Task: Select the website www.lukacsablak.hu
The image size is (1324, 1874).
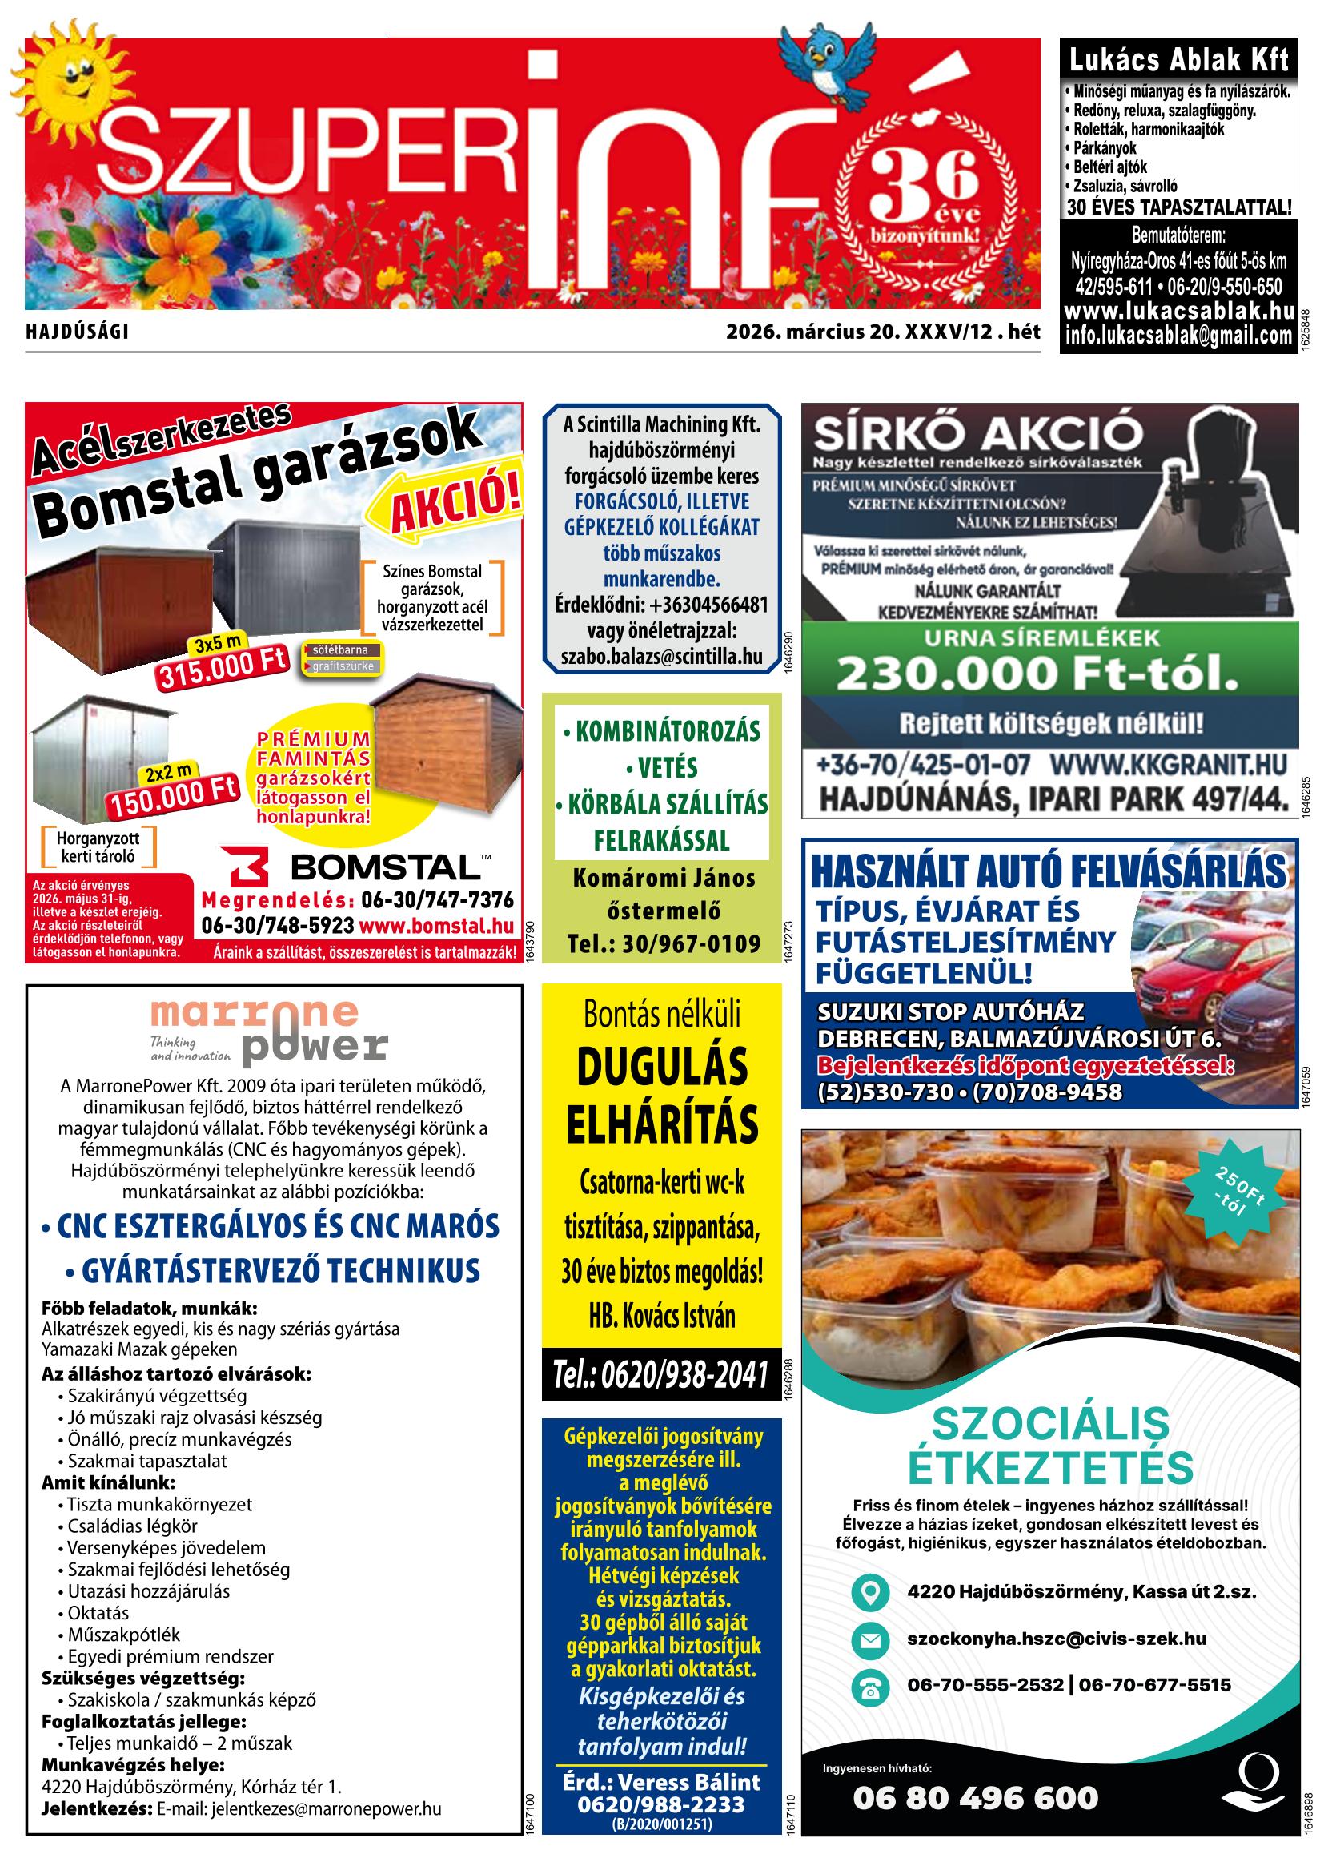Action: click(x=1179, y=311)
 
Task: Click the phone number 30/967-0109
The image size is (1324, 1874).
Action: click(x=664, y=944)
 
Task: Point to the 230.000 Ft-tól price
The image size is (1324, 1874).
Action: click(x=1036, y=674)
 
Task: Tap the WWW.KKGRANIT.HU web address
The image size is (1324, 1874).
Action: click(x=1167, y=766)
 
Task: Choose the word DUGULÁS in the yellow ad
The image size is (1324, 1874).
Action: click(x=661, y=1067)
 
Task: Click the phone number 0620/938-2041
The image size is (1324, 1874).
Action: click(x=660, y=1374)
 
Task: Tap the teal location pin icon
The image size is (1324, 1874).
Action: click(x=870, y=1591)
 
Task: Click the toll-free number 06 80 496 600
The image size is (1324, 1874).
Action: click(x=976, y=1796)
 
